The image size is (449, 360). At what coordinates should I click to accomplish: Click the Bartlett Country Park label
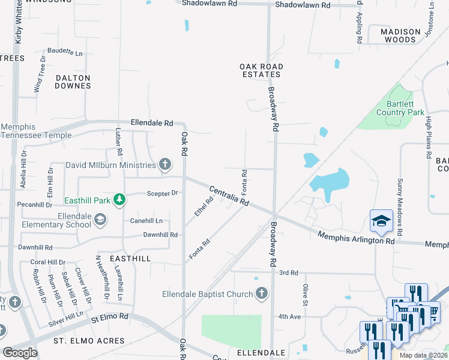click(400, 108)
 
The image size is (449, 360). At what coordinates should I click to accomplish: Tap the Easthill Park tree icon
click(119, 199)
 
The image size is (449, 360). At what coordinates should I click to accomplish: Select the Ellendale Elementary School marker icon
click(101, 220)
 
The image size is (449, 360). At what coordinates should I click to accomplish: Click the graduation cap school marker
click(381, 221)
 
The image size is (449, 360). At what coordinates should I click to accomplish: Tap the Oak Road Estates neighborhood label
click(261, 70)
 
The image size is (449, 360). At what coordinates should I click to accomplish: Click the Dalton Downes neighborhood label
click(73, 82)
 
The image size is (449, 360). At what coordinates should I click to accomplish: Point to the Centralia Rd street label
click(229, 196)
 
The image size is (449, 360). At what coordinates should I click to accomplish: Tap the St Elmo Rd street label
click(110, 316)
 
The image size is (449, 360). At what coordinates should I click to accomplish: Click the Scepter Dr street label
click(163, 193)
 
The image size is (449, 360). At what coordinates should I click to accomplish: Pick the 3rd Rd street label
click(289, 273)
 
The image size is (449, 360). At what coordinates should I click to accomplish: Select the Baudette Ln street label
click(65, 53)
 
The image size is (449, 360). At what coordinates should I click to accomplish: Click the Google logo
click(20, 352)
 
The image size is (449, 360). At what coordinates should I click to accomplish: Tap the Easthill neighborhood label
click(130, 257)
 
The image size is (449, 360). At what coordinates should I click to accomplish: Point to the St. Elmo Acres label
click(89, 341)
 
